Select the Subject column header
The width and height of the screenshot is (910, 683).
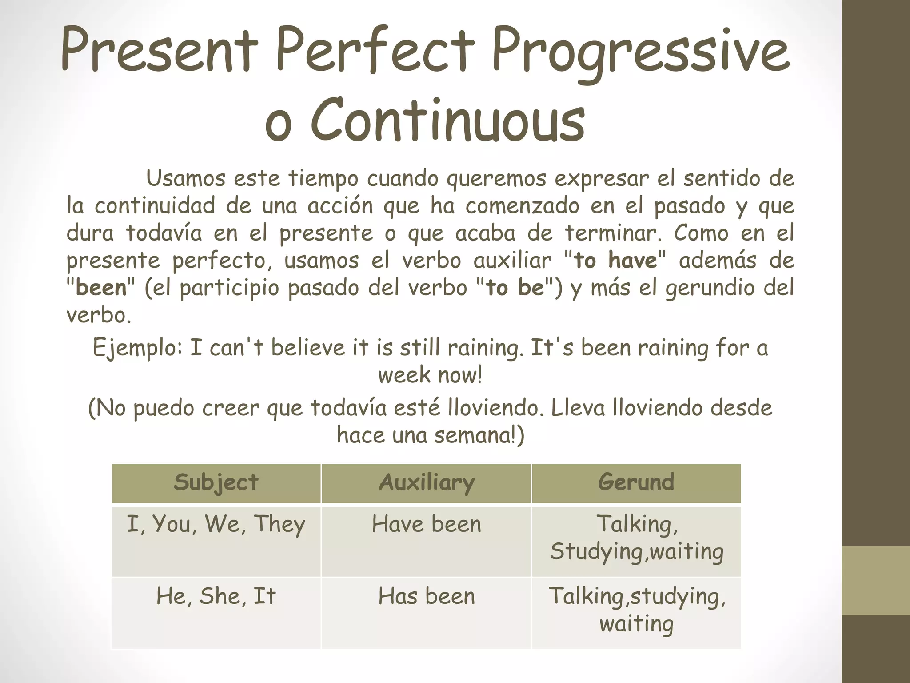[x=216, y=482]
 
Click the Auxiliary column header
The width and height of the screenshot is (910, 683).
[x=427, y=482]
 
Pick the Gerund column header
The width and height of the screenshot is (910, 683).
[x=636, y=482]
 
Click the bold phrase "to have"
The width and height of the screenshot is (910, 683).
[x=615, y=260]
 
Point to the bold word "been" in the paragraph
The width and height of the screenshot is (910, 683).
[x=101, y=288]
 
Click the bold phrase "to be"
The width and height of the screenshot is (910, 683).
[x=515, y=288]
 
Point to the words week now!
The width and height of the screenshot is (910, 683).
[x=430, y=375]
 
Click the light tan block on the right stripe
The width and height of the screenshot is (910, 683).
[x=876, y=580]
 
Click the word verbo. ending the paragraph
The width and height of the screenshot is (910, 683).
[x=99, y=315]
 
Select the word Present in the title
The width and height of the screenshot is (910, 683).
[x=160, y=51]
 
